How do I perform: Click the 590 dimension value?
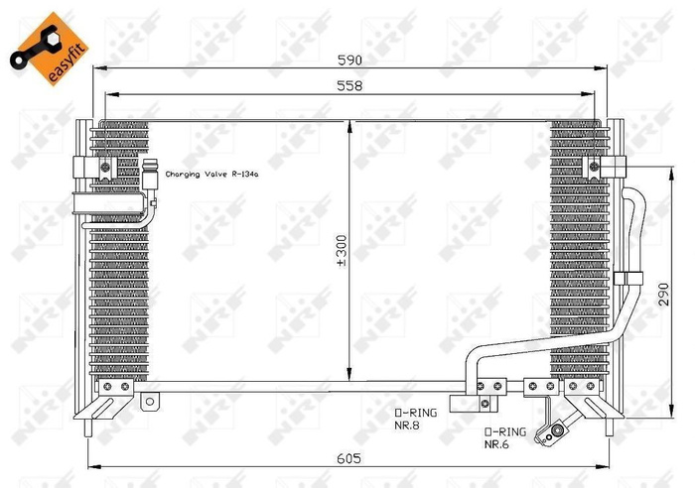click(348, 59)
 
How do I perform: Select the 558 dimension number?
click(348, 86)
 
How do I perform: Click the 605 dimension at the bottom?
click(348, 458)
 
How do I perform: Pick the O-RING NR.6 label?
click(502, 438)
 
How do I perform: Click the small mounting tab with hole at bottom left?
click(150, 401)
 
